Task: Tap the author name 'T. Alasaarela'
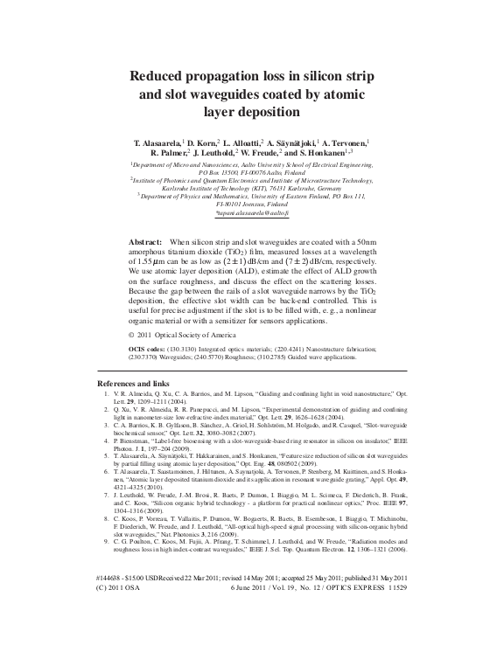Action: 163,141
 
